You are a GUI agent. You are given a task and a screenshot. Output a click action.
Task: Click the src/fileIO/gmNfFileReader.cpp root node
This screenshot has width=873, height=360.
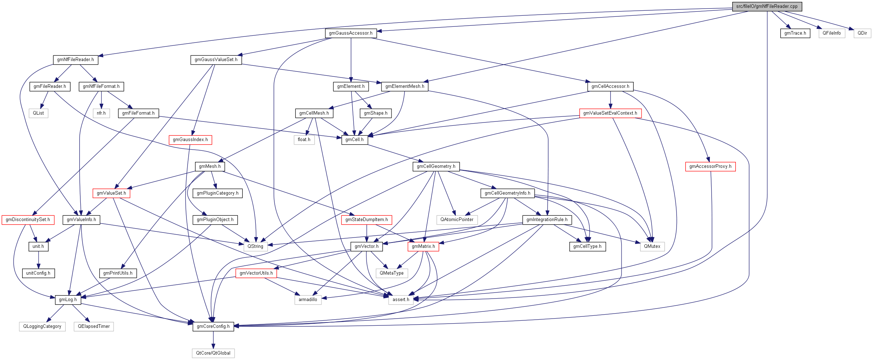coord(767,6)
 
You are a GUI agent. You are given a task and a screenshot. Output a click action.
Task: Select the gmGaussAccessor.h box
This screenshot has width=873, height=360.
coord(350,33)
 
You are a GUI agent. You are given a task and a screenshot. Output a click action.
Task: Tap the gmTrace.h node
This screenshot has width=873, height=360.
coord(795,33)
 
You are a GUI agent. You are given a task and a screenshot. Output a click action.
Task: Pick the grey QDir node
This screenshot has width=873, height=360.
coord(862,33)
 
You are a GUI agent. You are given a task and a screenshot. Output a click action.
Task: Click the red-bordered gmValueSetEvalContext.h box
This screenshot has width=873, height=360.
coord(610,113)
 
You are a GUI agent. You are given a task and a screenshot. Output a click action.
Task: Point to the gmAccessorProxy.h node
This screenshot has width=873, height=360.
coord(710,166)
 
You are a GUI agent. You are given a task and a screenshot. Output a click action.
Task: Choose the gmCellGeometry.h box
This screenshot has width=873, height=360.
coord(436,166)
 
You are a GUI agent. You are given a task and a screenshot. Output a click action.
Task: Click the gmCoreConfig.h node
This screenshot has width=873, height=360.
coord(213,326)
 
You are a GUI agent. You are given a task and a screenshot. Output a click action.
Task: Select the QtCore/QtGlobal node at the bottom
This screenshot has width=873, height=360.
coord(213,353)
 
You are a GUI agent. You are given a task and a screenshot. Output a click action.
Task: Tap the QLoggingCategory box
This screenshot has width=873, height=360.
coord(42,326)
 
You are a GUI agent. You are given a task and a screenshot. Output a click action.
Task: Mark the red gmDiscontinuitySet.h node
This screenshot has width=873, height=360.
coord(28,220)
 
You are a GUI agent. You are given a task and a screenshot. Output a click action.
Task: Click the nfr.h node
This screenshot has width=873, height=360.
coord(101,113)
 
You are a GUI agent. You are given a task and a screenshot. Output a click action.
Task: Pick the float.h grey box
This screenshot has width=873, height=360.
coord(304,140)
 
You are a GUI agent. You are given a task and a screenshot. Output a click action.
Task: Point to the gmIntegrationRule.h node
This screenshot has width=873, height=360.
coord(547,220)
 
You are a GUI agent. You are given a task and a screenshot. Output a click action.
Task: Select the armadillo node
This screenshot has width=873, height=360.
coord(308,300)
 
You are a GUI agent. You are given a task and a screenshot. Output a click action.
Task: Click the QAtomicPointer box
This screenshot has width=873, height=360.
coord(457,220)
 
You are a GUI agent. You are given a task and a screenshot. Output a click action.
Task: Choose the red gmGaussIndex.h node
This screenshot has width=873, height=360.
coord(190,140)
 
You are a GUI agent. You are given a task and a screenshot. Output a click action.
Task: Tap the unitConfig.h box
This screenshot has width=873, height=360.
coord(38,273)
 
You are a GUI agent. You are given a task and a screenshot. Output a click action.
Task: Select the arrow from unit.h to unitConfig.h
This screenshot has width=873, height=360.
coord(38,260)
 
